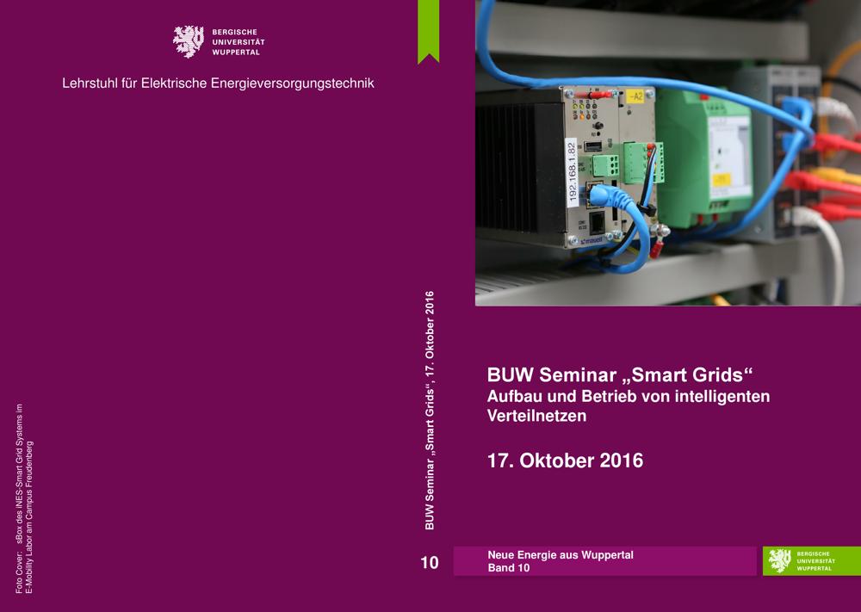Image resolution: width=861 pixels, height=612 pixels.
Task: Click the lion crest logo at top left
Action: pos(189,41)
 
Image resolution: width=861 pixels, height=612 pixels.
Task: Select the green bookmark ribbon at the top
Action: pos(428,31)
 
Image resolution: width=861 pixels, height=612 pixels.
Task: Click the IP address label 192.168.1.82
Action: pos(572,173)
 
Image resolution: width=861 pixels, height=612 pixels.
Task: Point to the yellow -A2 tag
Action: pos(635,97)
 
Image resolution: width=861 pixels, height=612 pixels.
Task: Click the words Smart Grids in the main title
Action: pos(687,375)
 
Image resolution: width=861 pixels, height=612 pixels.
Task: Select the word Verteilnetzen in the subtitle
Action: pos(536,416)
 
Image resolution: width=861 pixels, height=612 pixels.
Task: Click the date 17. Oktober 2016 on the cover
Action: pos(565,461)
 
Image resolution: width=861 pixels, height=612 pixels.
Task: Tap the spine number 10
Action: pos(430,563)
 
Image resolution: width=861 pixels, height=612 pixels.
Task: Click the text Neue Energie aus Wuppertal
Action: pos(561,555)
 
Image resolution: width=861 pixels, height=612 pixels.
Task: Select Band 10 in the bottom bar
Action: pos(509,568)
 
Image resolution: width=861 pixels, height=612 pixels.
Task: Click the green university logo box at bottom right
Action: pos(812,561)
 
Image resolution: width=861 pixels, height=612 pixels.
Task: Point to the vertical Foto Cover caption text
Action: pos(24,498)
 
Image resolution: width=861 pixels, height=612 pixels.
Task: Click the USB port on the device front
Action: pos(592,146)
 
